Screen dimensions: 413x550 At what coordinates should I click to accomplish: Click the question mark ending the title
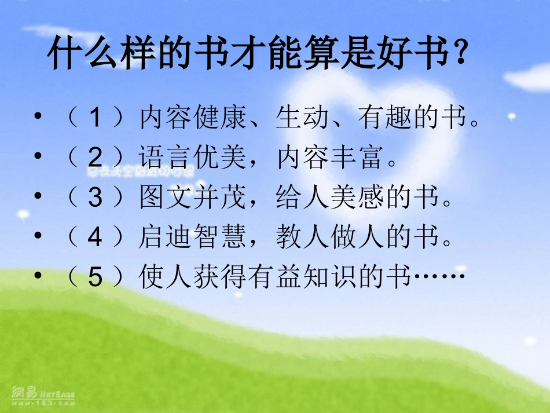coord(458,56)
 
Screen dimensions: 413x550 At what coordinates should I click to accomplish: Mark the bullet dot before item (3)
coord(38,197)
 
